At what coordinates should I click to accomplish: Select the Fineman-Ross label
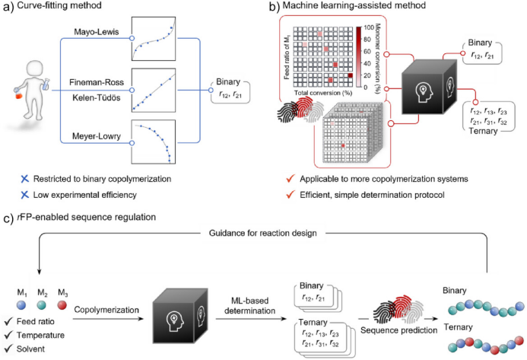(x=96, y=79)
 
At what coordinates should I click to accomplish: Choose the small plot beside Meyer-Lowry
(x=154, y=142)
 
